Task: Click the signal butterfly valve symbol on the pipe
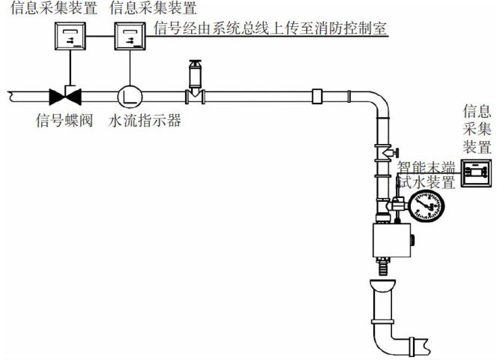click(x=65, y=95)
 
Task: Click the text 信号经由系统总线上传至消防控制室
click(x=271, y=29)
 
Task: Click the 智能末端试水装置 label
click(x=426, y=174)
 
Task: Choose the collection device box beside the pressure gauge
click(x=475, y=173)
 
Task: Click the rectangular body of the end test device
click(x=391, y=241)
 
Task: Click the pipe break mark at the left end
click(x=9, y=95)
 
